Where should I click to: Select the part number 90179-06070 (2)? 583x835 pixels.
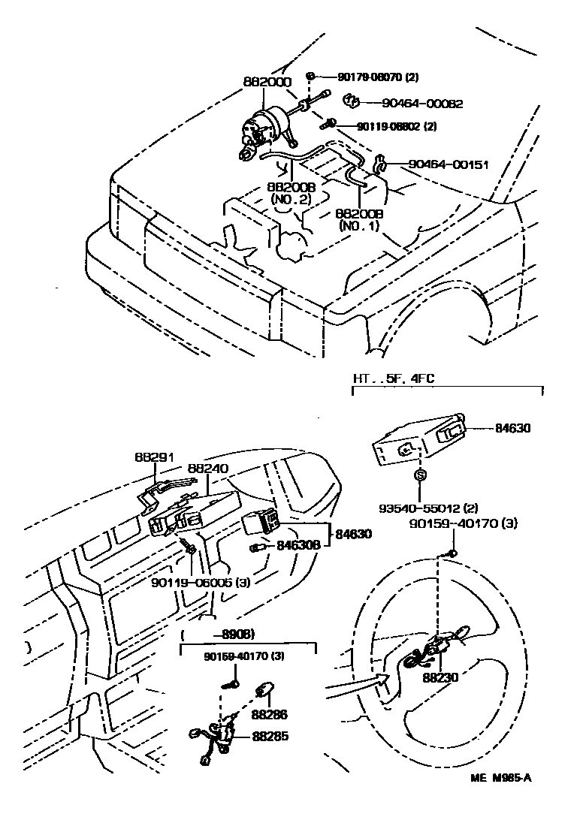coord(382,77)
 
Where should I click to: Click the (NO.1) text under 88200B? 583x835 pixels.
coord(361,225)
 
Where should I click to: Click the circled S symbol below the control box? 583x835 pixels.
coord(420,476)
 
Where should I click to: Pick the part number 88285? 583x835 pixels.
coord(270,737)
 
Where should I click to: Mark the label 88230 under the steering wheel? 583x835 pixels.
coord(440,677)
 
